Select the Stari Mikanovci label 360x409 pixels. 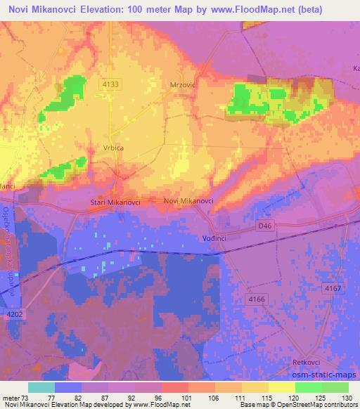(x=116, y=203)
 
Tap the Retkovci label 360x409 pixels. (x=307, y=362)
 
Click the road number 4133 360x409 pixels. (x=111, y=84)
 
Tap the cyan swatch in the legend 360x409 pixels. (x=41, y=387)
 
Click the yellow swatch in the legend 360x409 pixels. (x=281, y=387)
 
